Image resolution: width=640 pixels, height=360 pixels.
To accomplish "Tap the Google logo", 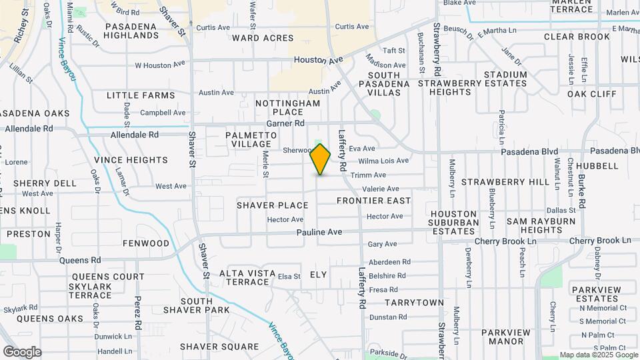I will [x=22, y=351].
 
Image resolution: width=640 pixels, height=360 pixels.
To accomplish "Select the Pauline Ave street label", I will [x=319, y=232].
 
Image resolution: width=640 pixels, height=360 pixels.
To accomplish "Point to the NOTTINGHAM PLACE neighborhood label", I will [x=288, y=108].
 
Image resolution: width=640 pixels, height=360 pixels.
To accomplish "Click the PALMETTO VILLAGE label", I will [x=251, y=140].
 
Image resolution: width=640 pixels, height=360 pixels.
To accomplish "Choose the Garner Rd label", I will [x=285, y=123].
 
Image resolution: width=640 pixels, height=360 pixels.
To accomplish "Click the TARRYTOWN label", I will [x=414, y=303].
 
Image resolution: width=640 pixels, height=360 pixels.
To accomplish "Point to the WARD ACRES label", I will [x=263, y=38].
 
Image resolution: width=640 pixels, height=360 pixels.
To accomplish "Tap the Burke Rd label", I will [x=581, y=192].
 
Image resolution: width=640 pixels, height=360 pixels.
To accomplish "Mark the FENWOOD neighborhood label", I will [x=147, y=243].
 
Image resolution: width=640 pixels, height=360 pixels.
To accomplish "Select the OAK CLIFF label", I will [x=592, y=94].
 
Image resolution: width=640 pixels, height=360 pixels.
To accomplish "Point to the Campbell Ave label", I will [x=163, y=113].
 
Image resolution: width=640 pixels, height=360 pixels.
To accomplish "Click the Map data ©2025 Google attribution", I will [x=598, y=355].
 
